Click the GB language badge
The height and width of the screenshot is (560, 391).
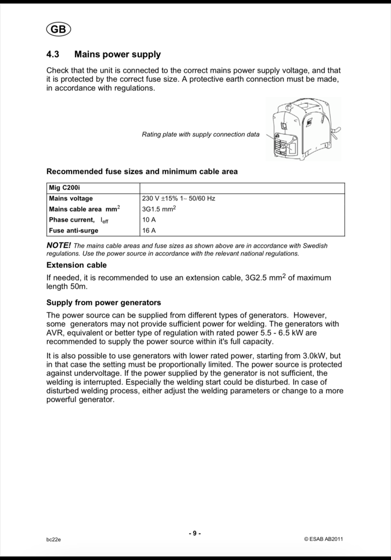[x=58, y=30]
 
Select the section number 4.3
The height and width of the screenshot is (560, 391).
[x=53, y=54]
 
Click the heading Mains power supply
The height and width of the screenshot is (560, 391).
[x=117, y=54]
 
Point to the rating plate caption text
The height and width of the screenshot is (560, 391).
[x=201, y=134]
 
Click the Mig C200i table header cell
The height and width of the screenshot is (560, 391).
[x=65, y=188]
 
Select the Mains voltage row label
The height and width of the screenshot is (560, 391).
[x=71, y=198]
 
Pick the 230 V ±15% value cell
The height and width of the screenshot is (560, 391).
[x=179, y=198]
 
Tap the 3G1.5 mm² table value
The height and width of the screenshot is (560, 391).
[x=159, y=209]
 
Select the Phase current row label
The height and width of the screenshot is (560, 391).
[x=79, y=220]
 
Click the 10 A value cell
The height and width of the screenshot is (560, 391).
[x=149, y=220]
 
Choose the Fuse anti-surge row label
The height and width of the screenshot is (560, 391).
[x=74, y=231]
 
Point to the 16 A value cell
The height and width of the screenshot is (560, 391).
[x=149, y=231]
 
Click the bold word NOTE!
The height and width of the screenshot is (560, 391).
[x=59, y=245]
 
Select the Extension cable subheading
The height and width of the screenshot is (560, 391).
[x=77, y=265]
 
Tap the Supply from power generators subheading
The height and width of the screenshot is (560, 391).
[x=103, y=302]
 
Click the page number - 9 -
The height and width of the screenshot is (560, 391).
[x=195, y=533]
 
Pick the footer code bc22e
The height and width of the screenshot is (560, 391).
[x=54, y=539]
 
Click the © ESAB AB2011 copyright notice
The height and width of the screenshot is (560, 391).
[x=323, y=539]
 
